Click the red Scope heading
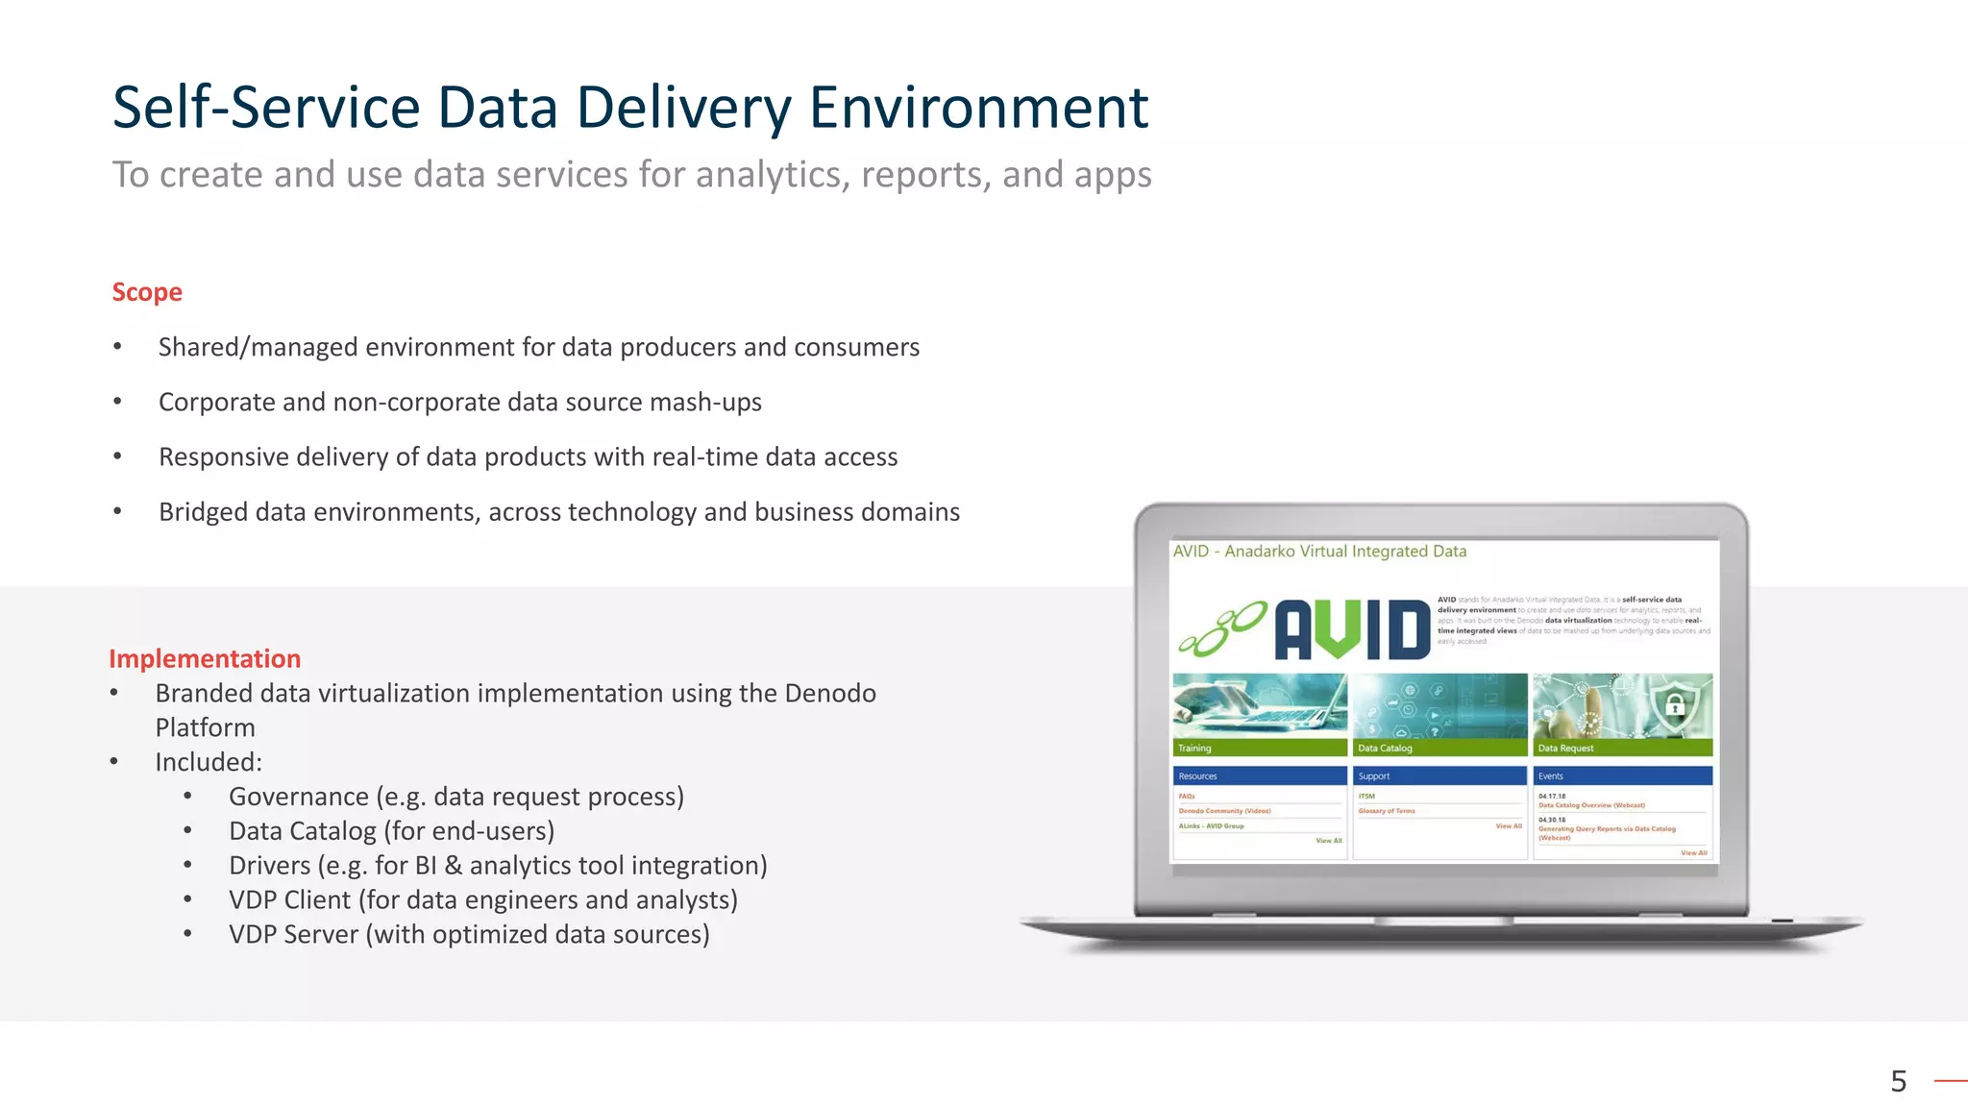147,292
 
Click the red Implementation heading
205,659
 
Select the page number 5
1898,1082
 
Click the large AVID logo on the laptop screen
1351,630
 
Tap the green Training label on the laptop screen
1194,749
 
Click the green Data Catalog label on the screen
1385,749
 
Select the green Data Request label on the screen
1565,749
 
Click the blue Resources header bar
1259,776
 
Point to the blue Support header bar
1439,776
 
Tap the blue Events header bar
1621,776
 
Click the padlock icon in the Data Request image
1675,706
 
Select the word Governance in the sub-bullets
299,798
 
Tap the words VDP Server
293,935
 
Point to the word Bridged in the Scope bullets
203,512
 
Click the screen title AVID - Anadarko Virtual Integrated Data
1319,552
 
